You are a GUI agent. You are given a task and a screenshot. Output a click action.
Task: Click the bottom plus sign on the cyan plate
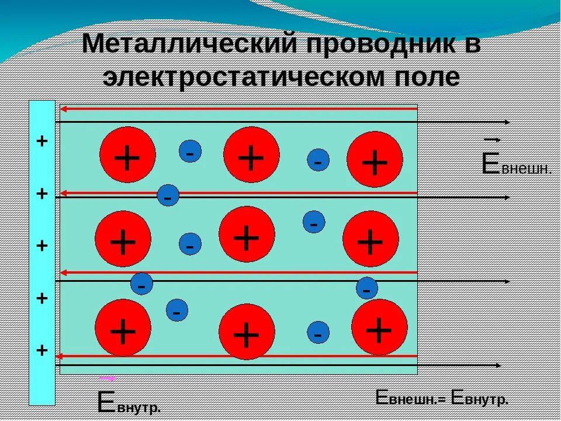(x=42, y=350)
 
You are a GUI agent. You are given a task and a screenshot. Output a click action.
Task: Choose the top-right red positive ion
(x=375, y=159)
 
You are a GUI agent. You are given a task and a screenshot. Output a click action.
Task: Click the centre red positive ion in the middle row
(x=247, y=234)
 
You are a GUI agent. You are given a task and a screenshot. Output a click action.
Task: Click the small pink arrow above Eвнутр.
(x=107, y=378)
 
